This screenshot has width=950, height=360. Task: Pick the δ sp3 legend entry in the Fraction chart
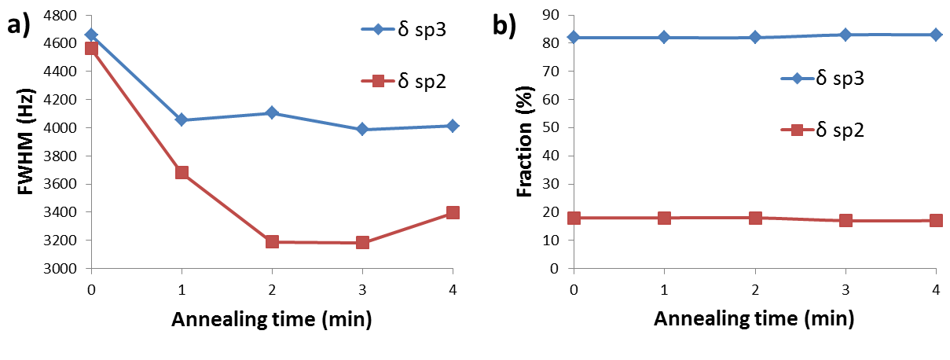821,79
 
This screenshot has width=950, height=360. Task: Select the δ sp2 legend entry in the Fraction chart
821,130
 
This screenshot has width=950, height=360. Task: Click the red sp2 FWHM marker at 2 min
272,241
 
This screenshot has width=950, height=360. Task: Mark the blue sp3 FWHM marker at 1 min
182,119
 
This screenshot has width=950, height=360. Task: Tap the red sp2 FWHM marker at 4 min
453,212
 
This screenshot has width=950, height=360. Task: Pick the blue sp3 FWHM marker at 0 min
91,35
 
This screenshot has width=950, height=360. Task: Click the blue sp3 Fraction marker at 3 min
845,35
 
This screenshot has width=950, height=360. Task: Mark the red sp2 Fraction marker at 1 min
665,218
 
